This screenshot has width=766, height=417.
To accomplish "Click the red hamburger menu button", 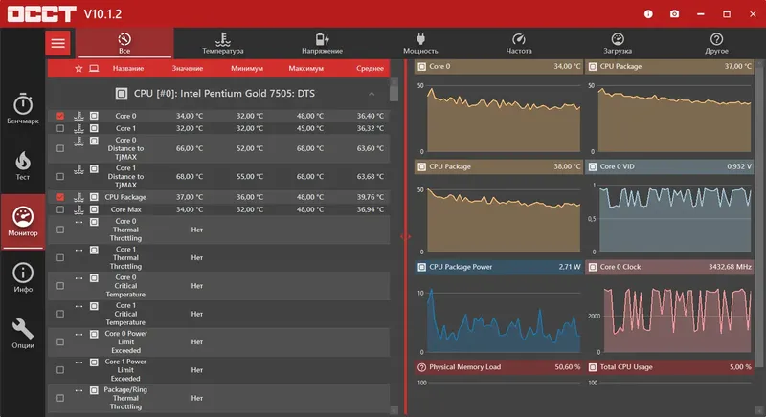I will tap(58, 43).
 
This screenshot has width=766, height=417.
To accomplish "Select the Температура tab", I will tap(223, 43).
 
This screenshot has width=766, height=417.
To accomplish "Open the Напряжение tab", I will tap(322, 43).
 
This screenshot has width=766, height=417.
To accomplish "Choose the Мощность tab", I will tap(420, 43).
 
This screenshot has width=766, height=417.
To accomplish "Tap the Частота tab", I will tap(519, 43).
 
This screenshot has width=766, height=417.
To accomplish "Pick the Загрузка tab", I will tap(618, 43).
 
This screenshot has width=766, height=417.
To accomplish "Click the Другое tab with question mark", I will tap(716, 43).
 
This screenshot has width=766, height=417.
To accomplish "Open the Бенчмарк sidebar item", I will tap(23, 109).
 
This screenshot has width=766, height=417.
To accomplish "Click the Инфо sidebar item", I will tap(23, 277).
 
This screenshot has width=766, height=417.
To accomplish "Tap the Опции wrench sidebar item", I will tap(23, 332).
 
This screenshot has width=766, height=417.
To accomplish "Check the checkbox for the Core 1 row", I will tap(60, 128).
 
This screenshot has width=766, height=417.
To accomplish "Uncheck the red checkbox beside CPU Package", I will tap(60, 197).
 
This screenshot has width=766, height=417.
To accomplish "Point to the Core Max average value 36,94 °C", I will tap(370, 209).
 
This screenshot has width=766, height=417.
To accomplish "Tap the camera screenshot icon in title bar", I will tap(675, 14).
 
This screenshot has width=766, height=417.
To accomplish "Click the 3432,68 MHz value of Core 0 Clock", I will tap(730, 267).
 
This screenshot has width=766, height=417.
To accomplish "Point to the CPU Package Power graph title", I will tap(461, 267).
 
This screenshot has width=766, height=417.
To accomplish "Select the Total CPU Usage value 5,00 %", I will tap(740, 367).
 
